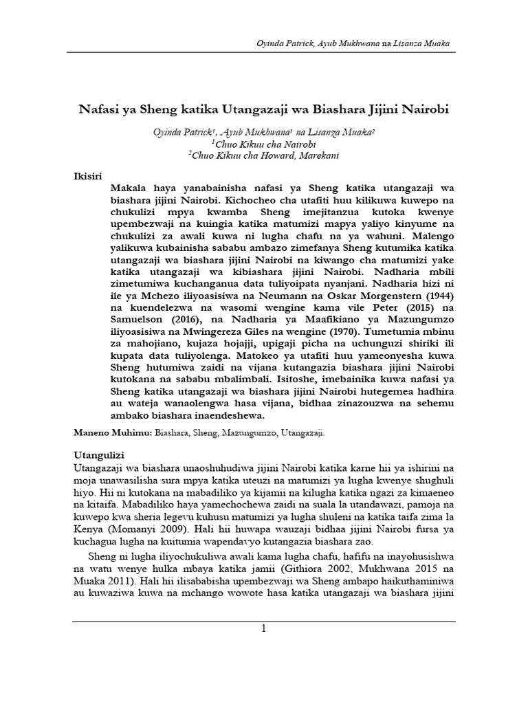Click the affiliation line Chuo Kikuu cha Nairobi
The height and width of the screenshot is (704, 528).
[x=263, y=143]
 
